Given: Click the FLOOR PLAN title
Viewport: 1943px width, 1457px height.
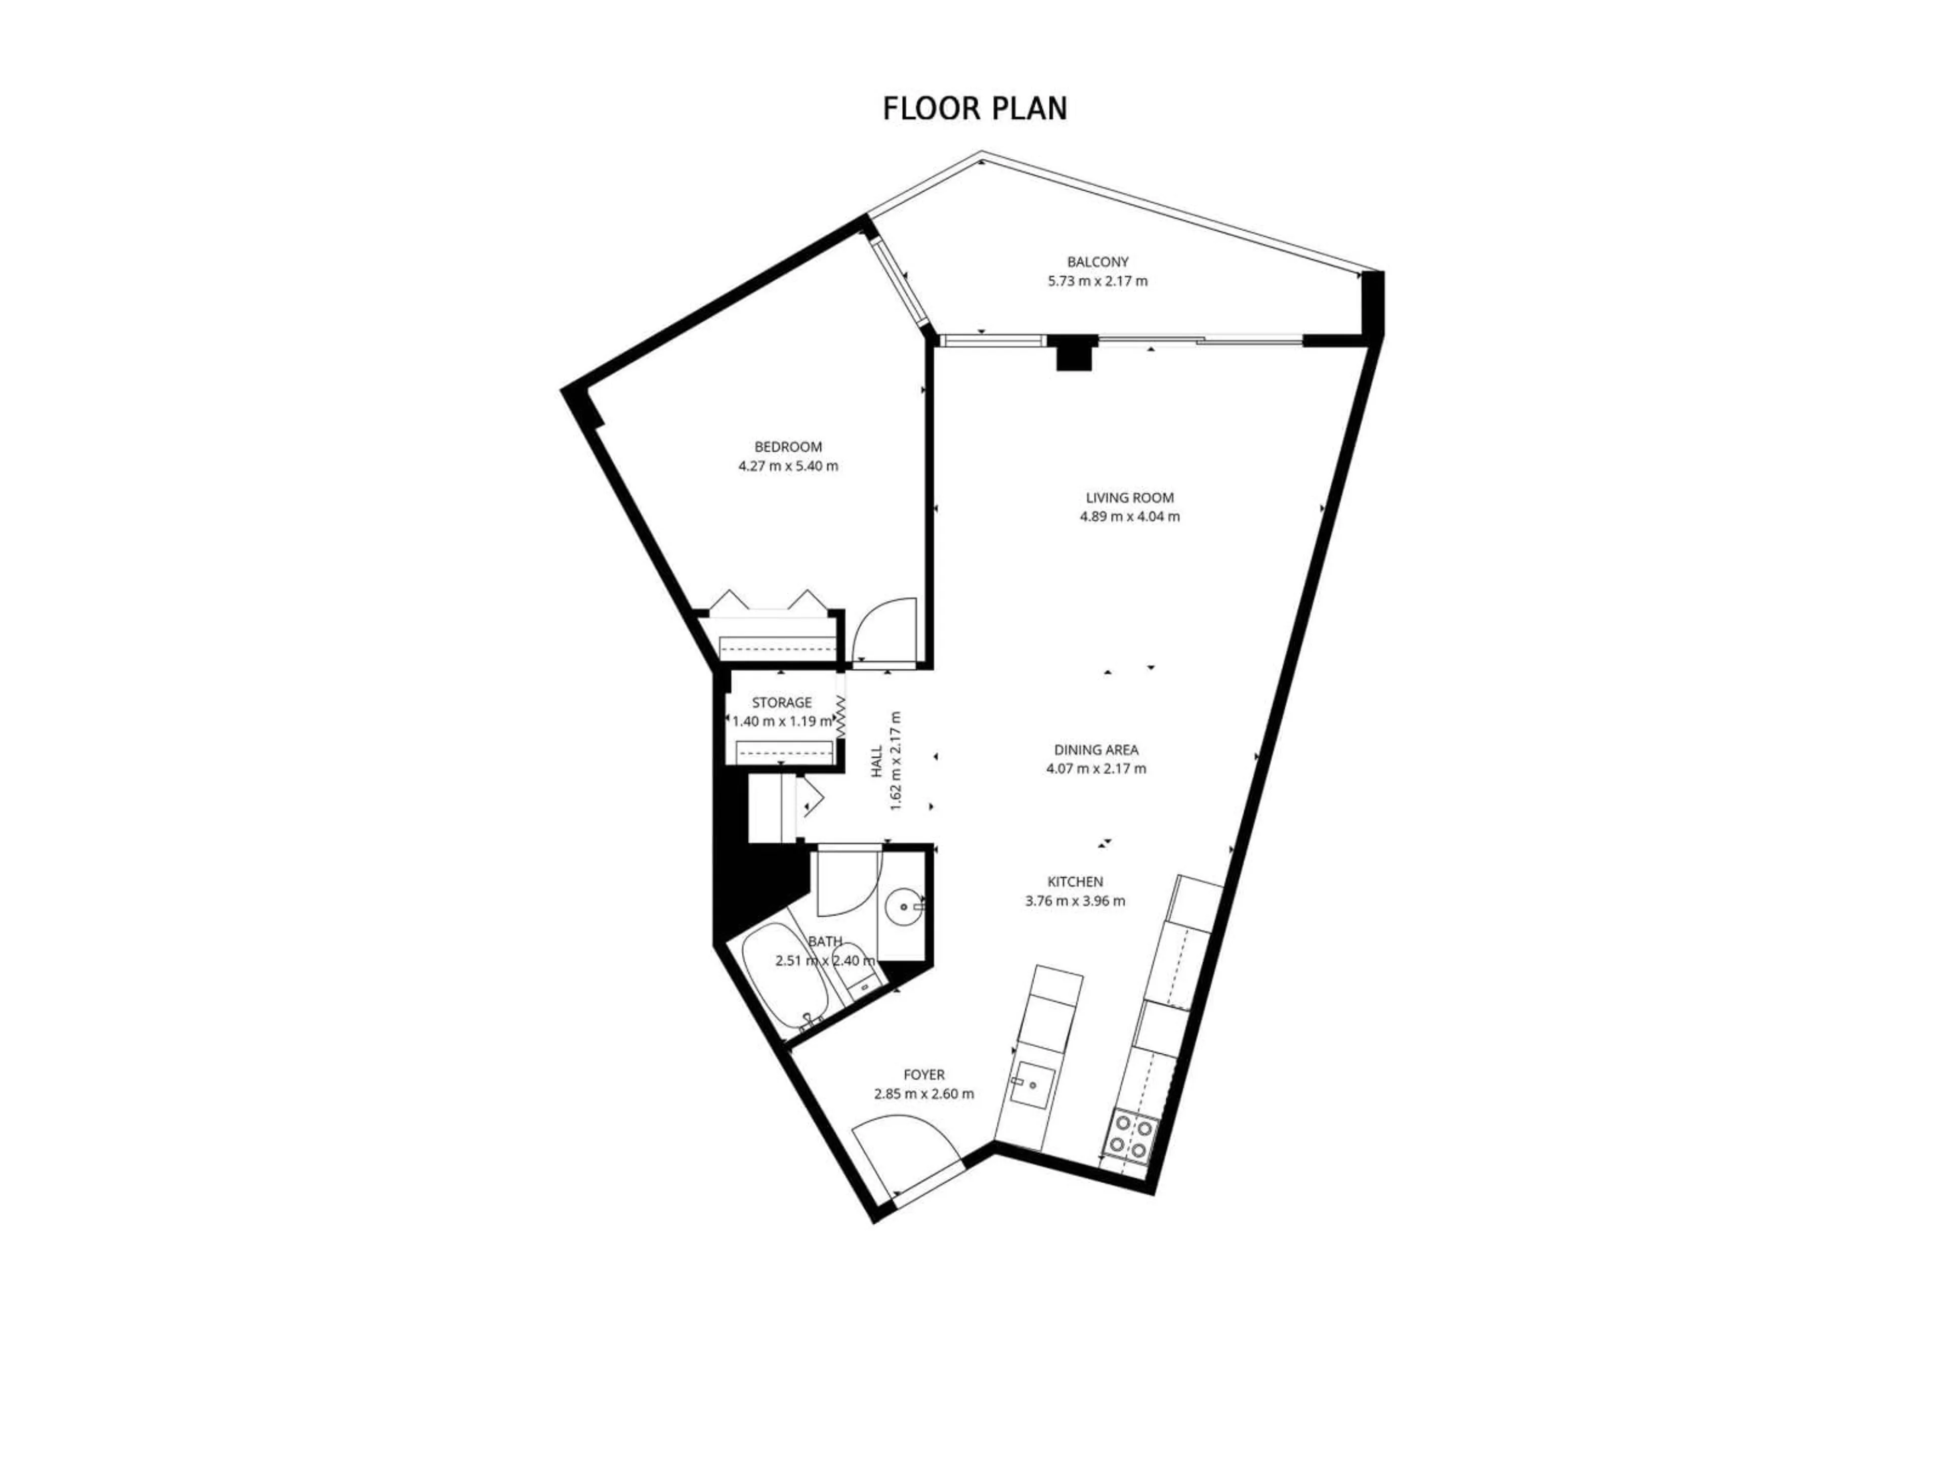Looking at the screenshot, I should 974,108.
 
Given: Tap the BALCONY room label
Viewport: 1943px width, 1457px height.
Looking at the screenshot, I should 1097,262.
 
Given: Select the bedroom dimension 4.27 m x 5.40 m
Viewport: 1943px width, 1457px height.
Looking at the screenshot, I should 788,466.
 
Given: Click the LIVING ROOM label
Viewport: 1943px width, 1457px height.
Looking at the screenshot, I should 1129,498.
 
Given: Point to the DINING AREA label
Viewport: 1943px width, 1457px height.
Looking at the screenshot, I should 1096,750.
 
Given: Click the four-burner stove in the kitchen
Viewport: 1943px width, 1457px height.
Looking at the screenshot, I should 1132,1136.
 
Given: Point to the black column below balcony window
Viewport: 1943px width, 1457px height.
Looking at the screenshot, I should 1073,354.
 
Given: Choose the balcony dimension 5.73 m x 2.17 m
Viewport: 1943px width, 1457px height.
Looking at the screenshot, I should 1097,282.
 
